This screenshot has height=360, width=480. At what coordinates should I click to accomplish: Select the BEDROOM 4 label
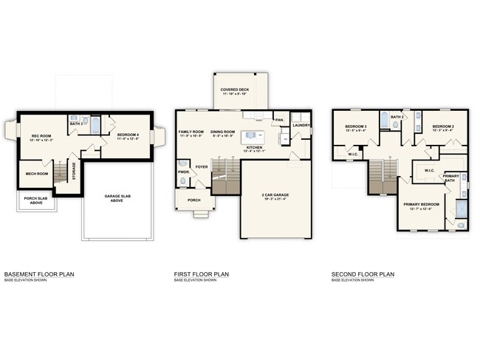coord(128,134)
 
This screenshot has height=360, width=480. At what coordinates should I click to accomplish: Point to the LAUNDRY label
coord(301,125)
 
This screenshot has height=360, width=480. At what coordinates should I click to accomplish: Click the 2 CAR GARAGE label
coord(276,194)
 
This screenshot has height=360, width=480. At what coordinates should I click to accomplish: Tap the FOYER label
coord(201,167)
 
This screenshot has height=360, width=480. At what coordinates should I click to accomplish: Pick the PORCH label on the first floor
coord(194,200)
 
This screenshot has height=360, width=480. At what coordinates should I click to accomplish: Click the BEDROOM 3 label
coord(355,126)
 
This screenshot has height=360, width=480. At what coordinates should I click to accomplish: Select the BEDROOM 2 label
coord(442,126)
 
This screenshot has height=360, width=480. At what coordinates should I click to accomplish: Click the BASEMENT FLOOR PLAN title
coord(38,274)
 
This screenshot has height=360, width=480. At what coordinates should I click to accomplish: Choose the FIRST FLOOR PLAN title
coord(202,274)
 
